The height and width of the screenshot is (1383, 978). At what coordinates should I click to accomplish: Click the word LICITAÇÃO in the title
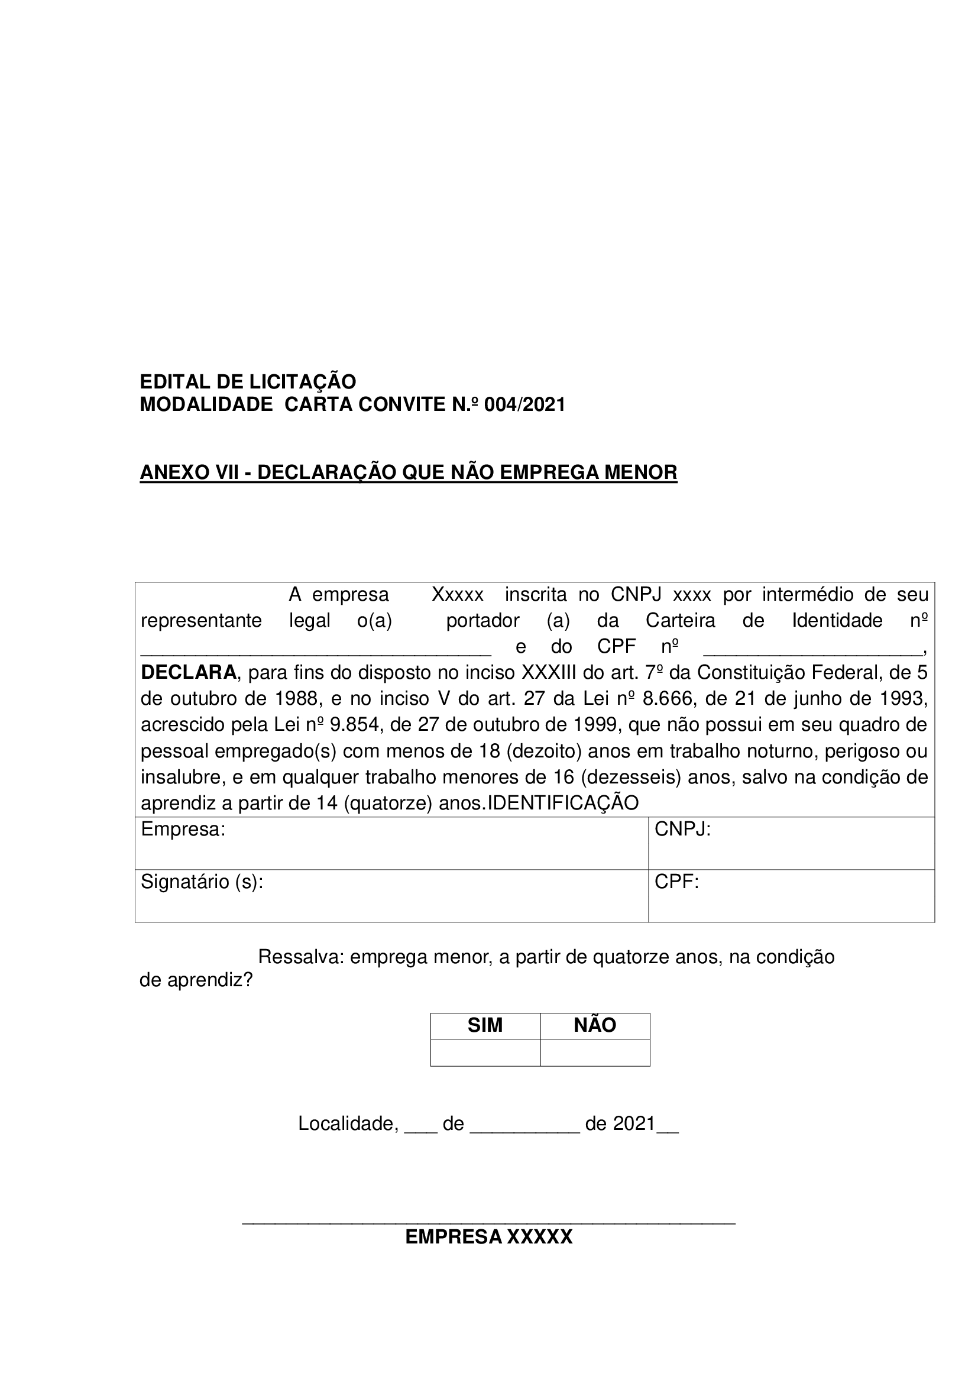click(301, 382)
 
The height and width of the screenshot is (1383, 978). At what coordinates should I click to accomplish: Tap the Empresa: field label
click(183, 830)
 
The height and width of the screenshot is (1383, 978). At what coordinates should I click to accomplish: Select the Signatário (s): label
click(202, 882)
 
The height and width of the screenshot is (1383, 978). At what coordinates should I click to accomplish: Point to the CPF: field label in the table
click(676, 882)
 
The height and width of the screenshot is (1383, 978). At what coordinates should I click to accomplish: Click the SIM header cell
click(485, 1026)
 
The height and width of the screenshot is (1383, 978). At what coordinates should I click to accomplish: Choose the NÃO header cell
click(595, 1026)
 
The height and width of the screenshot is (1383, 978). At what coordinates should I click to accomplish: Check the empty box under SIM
click(485, 1053)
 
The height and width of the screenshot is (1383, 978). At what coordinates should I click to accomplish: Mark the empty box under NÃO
click(595, 1053)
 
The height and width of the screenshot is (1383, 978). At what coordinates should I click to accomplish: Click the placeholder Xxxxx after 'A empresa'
click(458, 595)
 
